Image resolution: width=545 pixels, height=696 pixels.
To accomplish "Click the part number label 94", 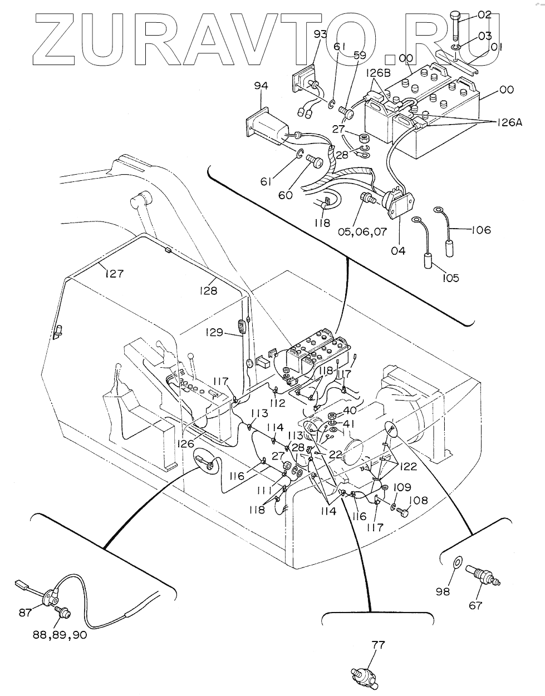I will (261, 86).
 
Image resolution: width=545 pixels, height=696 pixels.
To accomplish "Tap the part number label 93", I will (320, 34).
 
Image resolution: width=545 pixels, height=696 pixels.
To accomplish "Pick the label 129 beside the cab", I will (213, 333).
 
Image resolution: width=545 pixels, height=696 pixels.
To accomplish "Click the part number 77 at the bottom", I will (378, 645).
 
